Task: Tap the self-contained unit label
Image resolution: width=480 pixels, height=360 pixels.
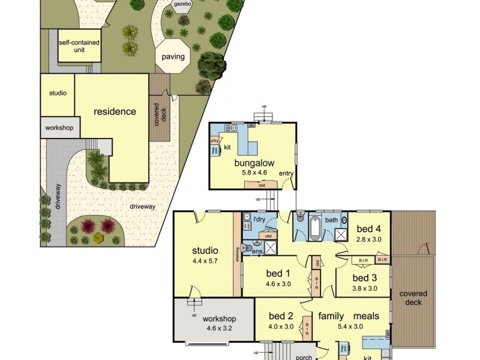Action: click(x=79, y=46)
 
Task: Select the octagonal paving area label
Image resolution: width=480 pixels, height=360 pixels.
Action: click(x=173, y=58)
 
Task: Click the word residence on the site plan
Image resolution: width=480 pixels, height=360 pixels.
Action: click(x=115, y=112)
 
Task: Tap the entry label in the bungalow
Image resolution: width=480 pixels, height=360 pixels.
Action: click(x=287, y=174)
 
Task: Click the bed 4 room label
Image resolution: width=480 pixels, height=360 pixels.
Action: click(x=369, y=229)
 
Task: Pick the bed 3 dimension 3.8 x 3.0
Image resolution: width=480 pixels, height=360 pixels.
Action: click(x=364, y=288)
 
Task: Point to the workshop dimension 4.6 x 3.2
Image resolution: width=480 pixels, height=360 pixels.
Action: click(x=218, y=328)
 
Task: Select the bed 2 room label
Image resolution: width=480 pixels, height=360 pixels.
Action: click(x=281, y=316)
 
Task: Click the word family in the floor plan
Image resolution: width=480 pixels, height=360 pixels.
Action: click(x=331, y=316)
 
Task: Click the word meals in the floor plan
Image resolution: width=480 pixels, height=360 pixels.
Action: click(x=366, y=316)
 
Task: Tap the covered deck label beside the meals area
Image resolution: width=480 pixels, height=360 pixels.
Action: click(x=413, y=298)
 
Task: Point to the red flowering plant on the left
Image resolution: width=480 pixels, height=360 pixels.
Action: click(x=88, y=226)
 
